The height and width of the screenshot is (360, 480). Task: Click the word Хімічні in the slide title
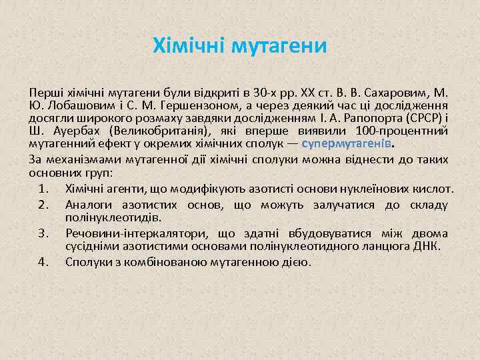click(x=189, y=46)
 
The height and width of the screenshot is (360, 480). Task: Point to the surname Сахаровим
click(x=396, y=92)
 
